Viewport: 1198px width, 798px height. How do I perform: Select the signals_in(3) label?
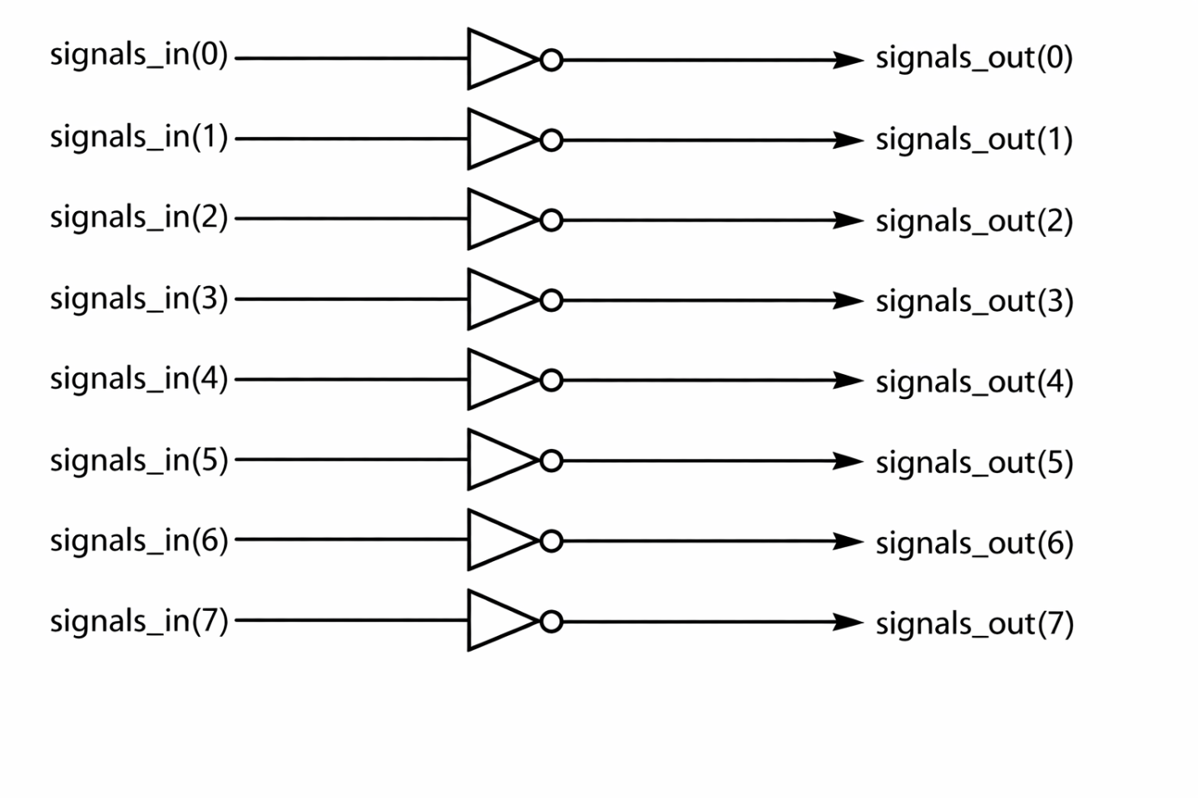point(138,298)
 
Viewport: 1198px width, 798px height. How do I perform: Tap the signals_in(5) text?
point(138,460)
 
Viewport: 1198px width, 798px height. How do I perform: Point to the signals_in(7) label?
point(138,621)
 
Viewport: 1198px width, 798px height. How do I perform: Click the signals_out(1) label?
point(973,140)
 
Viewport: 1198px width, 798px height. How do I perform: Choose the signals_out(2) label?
point(973,221)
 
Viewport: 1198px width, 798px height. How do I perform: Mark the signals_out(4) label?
point(973,382)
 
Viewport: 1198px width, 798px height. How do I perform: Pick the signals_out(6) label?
point(973,543)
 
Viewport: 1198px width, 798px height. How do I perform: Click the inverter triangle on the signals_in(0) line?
point(496,59)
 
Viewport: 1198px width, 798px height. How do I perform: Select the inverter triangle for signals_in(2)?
point(496,219)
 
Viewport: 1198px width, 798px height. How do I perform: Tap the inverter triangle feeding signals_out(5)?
point(496,460)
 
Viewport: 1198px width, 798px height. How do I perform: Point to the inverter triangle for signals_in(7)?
point(496,621)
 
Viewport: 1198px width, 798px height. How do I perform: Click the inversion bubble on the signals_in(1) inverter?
point(551,140)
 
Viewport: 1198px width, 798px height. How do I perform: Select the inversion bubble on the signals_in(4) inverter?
point(551,381)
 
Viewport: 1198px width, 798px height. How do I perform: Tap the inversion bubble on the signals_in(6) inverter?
point(551,541)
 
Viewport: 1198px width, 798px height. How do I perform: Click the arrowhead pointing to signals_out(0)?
point(849,60)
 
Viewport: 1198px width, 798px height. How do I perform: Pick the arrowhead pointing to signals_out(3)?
point(849,300)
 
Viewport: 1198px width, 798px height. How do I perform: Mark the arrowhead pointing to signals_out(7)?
point(849,622)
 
